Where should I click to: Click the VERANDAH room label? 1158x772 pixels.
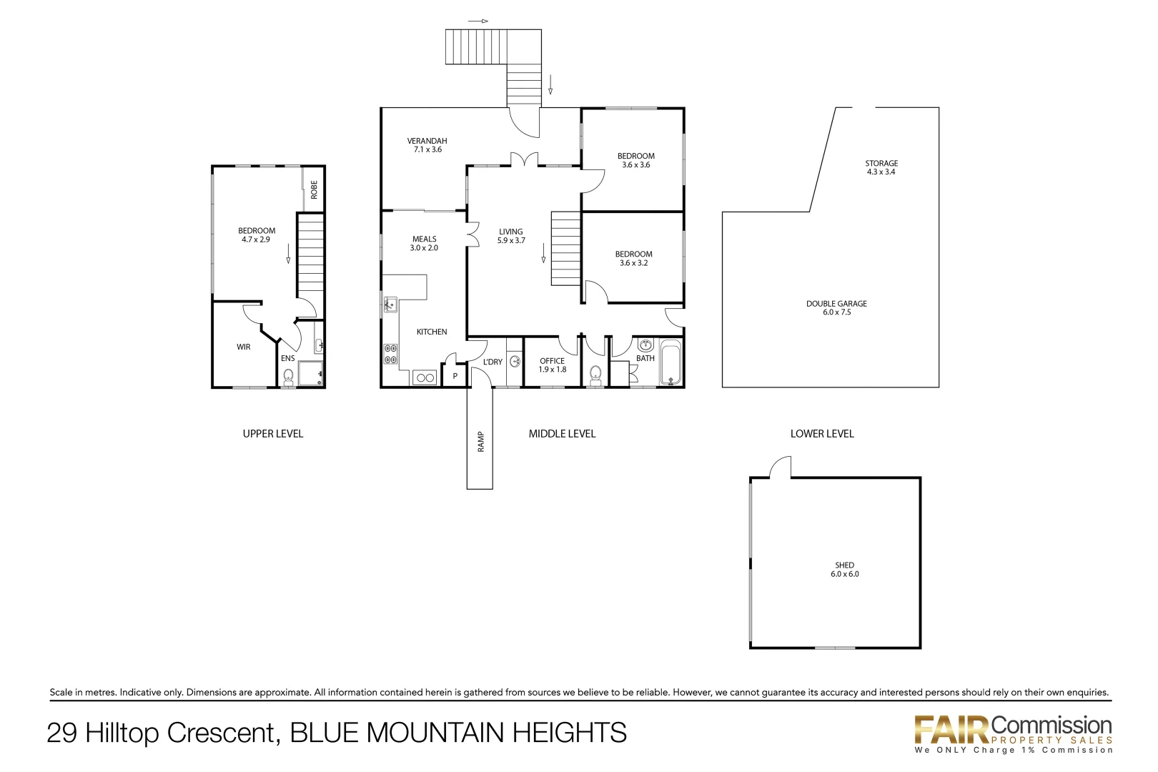click(x=427, y=141)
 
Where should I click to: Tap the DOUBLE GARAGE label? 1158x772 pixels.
click(x=836, y=304)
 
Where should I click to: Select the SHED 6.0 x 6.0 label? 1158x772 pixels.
click(x=844, y=570)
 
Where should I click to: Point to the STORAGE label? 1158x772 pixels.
click(x=881, y=164)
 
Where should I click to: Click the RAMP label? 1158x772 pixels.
click(x=480, y=442)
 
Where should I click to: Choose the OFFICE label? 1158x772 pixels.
click(x=552, y=361)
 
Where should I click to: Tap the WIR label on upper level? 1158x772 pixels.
click(x=244, y=347)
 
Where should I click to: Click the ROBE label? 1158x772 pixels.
click(x=314, y=189)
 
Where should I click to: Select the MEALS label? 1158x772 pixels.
click(x=424, y=239)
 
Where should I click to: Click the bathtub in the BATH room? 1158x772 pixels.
click(x=670, y=363)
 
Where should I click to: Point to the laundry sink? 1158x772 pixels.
click(x=515, y=362)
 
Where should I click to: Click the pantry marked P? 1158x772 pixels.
click(x=455, y=376)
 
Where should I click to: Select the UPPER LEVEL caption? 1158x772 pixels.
click(x=273, y=434)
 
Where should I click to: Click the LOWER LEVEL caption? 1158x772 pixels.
click(x=822, y=434)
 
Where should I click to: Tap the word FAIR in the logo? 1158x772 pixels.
click(x=951, y=730)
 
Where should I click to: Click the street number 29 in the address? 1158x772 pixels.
click(x=62, y=733)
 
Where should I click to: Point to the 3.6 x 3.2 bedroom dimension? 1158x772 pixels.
click(x=633, y=263)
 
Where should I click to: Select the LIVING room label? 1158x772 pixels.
click(x=510, y=232)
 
